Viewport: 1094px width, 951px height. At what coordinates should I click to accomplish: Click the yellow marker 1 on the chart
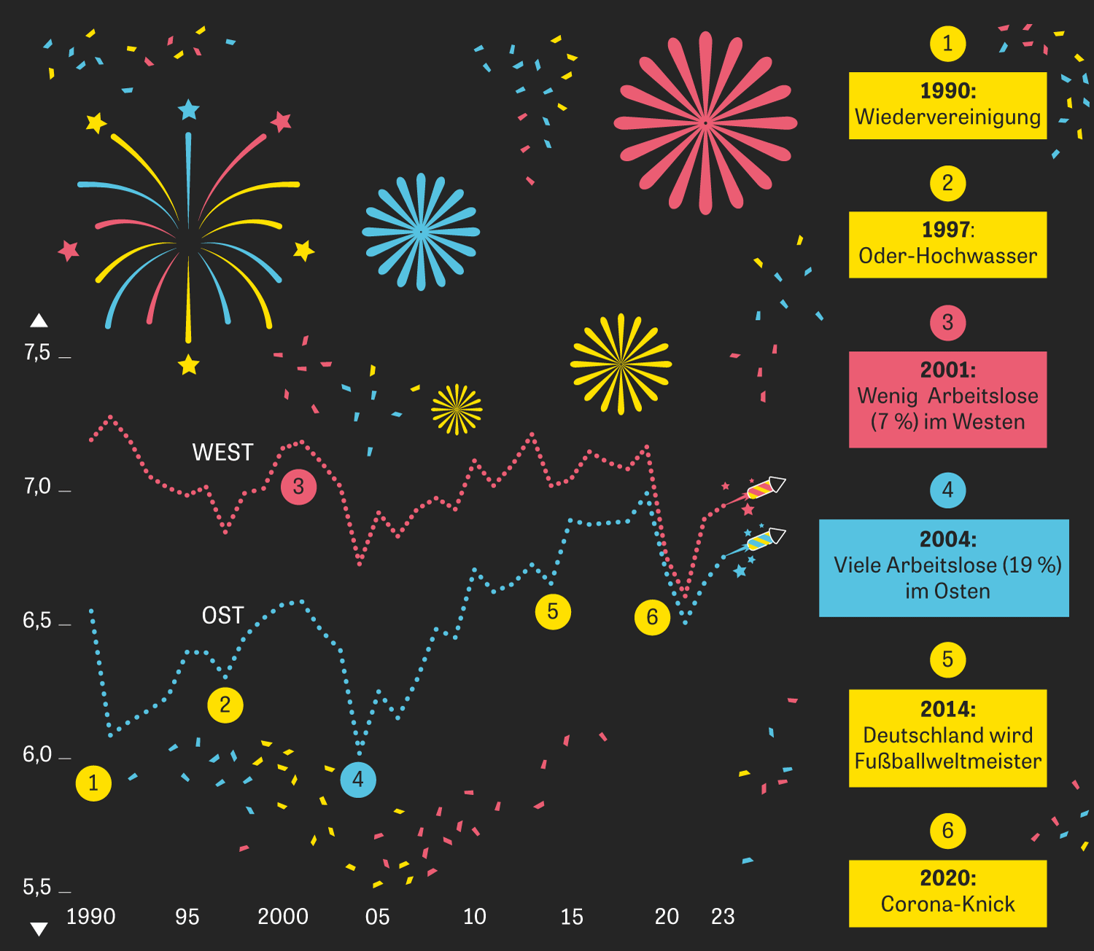[93, 783]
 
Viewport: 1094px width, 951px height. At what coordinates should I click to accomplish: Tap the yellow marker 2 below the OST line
[225, 705]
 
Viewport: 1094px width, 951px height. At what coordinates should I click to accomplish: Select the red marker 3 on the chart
[298, 487]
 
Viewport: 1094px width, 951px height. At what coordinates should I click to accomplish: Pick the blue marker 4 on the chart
[358, 779]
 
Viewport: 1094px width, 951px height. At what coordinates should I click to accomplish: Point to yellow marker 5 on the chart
[553, 611]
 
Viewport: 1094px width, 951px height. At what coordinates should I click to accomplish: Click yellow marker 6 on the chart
[652, 617]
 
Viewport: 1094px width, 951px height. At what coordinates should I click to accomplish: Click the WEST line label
[222, 453]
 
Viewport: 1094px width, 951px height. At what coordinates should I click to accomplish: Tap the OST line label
[222, 616]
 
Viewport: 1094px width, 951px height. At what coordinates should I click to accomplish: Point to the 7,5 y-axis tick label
[37, 353]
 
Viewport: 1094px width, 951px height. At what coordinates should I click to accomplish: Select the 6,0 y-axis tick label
[37, 754]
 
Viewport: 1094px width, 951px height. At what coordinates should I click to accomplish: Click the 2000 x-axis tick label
[283, 917]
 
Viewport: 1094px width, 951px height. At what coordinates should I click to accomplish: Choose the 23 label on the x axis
[723, 917]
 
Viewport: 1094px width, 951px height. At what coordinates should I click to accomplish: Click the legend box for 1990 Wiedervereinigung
[947, 105]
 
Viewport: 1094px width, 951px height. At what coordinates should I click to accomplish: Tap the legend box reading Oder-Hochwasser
[947, 244]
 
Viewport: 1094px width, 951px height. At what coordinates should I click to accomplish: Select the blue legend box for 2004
[944, 568]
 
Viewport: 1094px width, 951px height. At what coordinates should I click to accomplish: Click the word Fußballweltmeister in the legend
[947, 762]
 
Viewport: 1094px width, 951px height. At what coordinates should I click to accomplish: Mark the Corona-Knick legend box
[947, 893]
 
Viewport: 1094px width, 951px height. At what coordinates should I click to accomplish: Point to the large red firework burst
[705, 123]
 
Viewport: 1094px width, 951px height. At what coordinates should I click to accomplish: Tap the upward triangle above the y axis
[39, 321]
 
